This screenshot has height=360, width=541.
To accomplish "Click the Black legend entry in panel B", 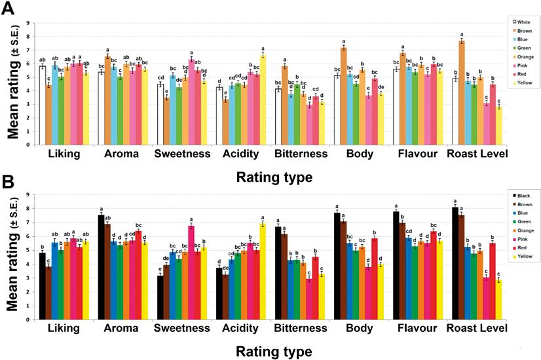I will [x=515, y=196].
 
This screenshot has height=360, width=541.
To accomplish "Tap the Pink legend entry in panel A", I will [x=515, y=67].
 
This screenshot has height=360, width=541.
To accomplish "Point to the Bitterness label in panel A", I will [x=301, y=154].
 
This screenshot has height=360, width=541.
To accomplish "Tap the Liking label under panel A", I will [x=64, y=154].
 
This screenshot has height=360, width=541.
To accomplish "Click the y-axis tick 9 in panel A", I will [x=27, y=24].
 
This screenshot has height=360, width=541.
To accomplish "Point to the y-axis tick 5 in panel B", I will [x=27, y=250].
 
